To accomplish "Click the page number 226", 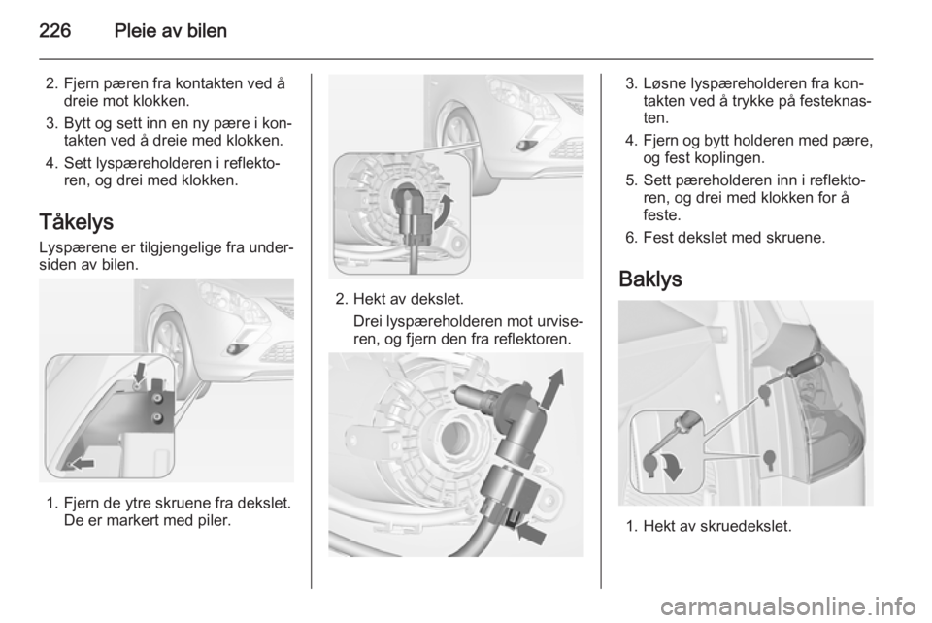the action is (x=55, y=31).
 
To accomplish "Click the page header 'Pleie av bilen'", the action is (x=171, y=31).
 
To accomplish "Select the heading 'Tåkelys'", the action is (x=76, y=222).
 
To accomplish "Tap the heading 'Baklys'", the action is (x=650, y=279).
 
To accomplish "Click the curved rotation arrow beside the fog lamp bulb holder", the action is (x=444, y=212).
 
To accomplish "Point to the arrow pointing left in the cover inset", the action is (x=82, y=463).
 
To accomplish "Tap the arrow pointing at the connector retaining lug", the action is (x=531, y=532).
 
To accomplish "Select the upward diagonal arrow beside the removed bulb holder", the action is (x=552, y=388).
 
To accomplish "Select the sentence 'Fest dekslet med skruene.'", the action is (x=734, y=238).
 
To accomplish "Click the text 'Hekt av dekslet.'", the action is (x=409, y=299).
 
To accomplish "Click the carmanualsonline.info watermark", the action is (x=791, y=607).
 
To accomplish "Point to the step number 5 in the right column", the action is (x=631, y=180).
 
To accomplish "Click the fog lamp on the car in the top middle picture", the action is (x=525, y=146).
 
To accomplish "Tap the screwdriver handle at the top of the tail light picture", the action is (x=810, y=363).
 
